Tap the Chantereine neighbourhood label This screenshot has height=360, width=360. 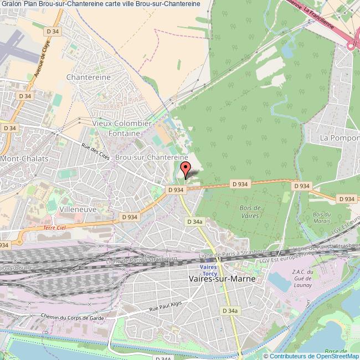(88, 77)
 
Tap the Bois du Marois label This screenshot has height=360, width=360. (321, 218)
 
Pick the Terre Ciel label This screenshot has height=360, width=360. (54, 228)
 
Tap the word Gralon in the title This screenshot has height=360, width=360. (13, 4)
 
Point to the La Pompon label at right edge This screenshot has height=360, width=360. (340, 137)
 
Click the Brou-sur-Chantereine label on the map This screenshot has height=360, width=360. (151, 158)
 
